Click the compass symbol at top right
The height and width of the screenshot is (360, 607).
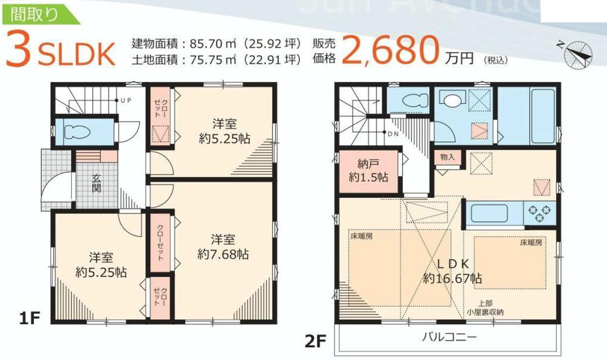click(577, 54)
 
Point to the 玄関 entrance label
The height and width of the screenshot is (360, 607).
click(97, 183)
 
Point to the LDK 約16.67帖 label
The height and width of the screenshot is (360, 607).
click(452, 271)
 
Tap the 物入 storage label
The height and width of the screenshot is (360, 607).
click(447, 157)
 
